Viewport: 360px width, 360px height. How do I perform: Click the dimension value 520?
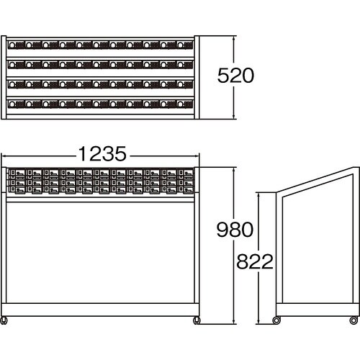[235, 76]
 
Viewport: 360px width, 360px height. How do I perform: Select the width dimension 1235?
[102, 153]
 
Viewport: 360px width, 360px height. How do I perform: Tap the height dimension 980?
[235, 230]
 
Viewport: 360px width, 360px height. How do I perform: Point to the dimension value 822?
[255, 261]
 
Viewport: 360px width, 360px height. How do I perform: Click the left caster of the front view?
[4, 320]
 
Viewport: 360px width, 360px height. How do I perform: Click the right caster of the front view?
[197, 320]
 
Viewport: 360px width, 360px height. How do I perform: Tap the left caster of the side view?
[276, 320]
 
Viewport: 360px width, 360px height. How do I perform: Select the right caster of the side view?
[354, 320]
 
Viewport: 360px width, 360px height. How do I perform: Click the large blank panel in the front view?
[100, 253]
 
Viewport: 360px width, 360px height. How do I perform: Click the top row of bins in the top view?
[100, 45]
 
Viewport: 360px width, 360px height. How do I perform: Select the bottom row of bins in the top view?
[100, 104]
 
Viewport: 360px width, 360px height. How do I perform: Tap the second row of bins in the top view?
[100, 65]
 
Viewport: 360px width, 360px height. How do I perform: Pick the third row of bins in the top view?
[100, 84]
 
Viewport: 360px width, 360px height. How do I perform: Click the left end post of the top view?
[4, 77]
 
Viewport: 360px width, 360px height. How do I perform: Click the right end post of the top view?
[197, 77]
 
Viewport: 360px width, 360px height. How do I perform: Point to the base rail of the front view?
[100, 310]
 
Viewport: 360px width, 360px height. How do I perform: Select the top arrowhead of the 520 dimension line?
[234, 38]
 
